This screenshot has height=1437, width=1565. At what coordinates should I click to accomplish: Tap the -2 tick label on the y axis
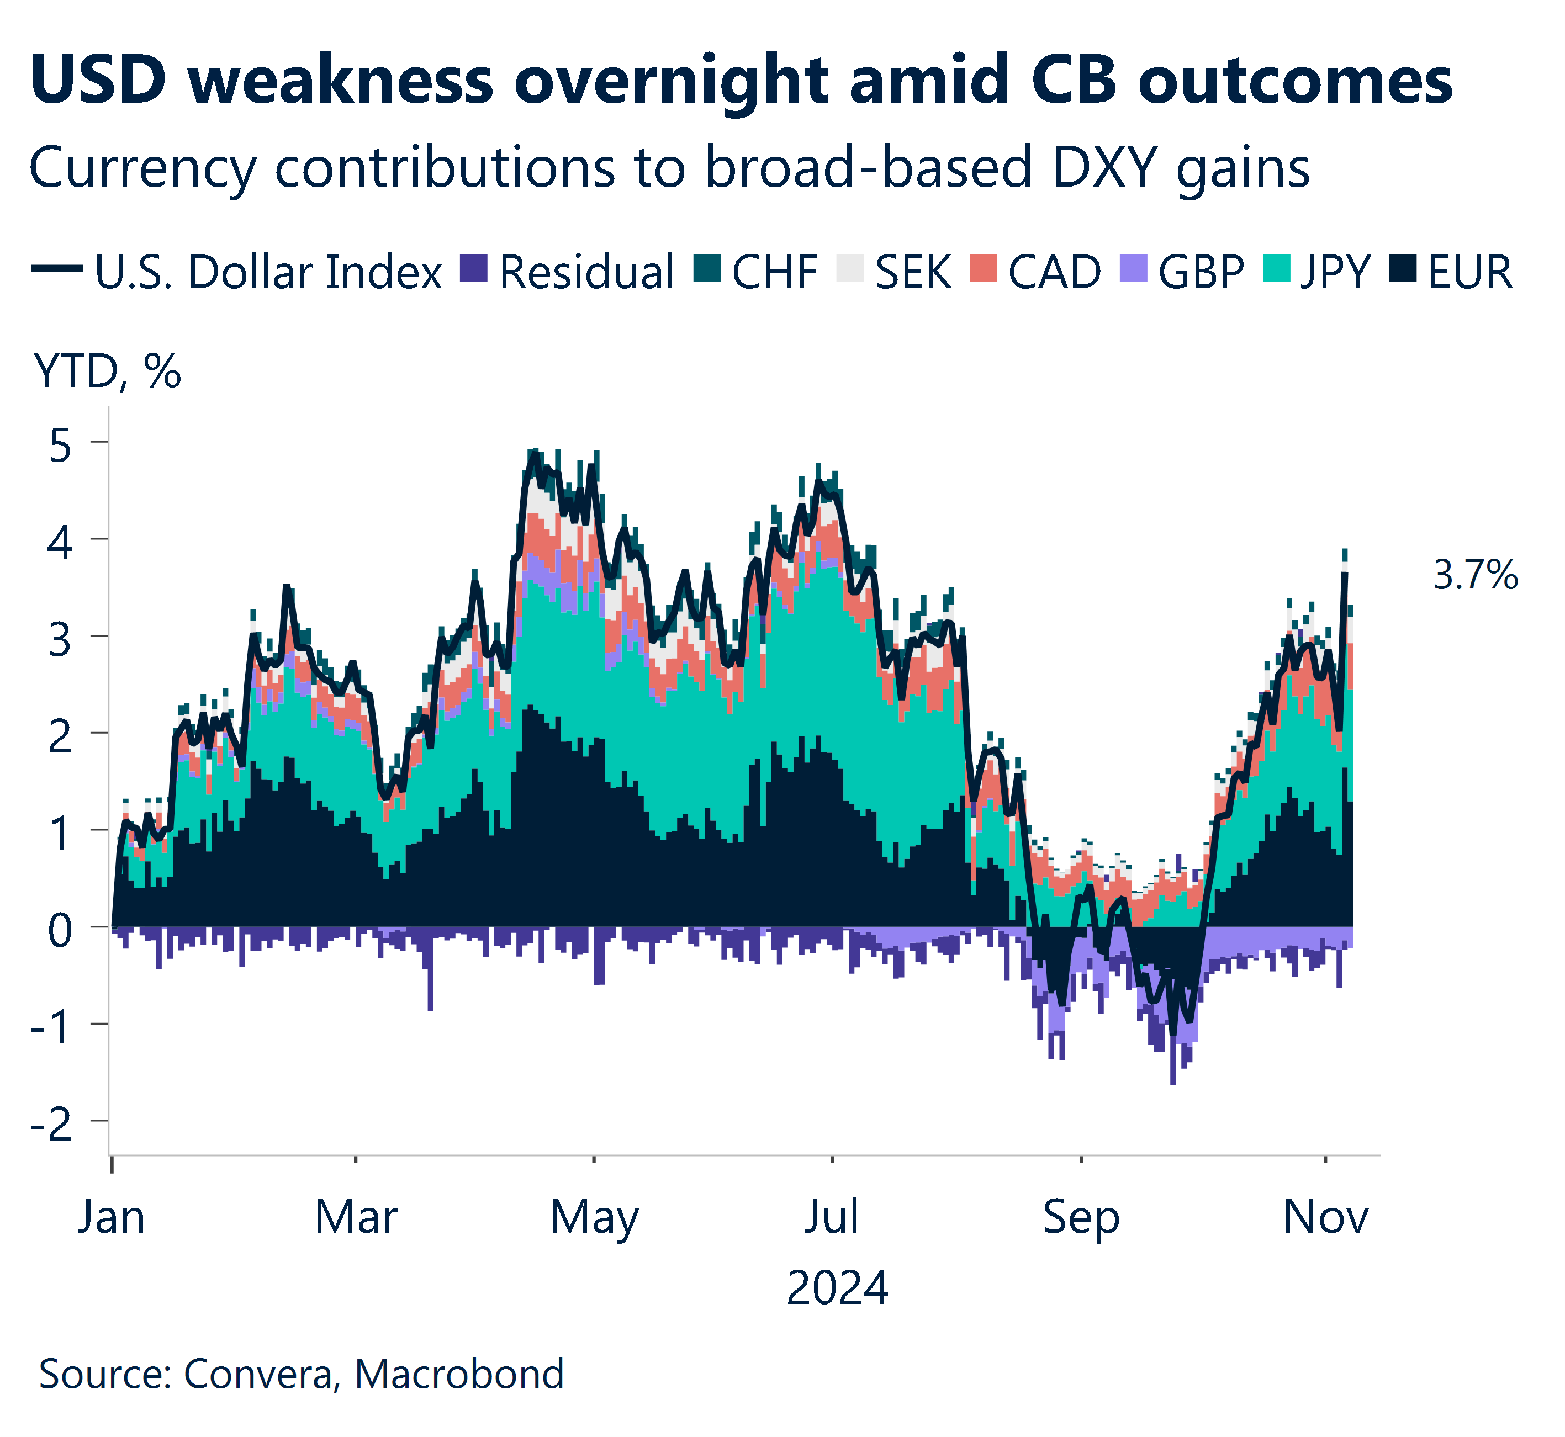pos(53,1125)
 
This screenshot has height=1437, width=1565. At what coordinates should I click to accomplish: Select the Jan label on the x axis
pos(111,1218)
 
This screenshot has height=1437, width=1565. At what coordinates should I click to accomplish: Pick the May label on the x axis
pos(594,1218)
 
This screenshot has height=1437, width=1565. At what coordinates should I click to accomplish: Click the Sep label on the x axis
pos(1081,1218)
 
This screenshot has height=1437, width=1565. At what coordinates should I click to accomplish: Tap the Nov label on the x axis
pos(1325,1218)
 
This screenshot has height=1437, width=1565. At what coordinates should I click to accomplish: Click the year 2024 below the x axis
pos(837,1289)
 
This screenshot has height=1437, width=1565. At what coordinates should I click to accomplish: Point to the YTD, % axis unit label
pos(107,372)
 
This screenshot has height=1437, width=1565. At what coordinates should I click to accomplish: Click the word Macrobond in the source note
pos(459,1374)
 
